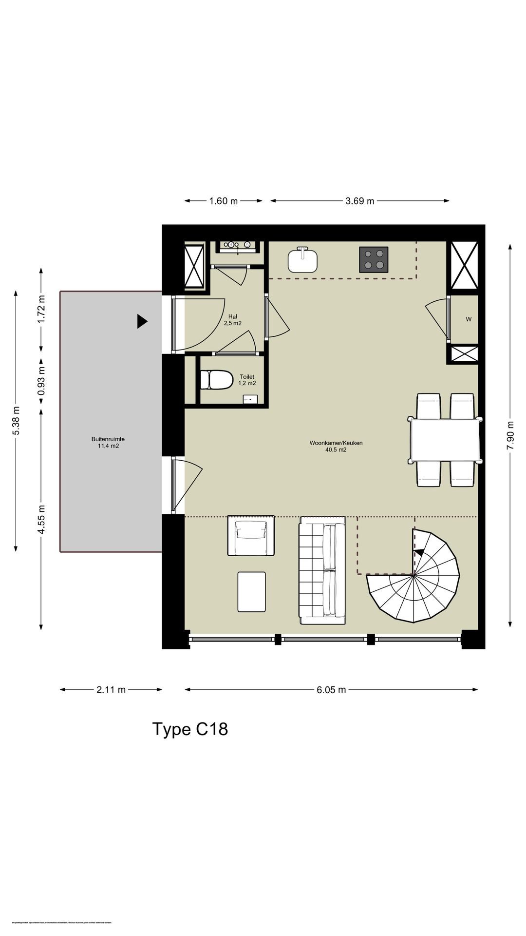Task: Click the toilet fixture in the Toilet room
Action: pos(217,380)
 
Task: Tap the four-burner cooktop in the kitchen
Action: pos(374,259)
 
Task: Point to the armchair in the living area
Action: pos(251,535)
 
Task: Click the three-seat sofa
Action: pos(322,570)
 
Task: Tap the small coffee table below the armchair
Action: pos(252,592)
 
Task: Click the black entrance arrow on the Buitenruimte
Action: pos(142,321)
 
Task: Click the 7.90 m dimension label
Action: pos(510,437)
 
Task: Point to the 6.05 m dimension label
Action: pos(331,689)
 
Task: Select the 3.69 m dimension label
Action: pos(360,201)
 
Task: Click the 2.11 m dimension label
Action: pos(111,689)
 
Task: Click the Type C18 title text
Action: pos(190,729)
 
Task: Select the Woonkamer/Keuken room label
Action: pos(336,446)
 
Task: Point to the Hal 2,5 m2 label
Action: pos(233,320)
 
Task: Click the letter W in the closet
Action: pos(469,320)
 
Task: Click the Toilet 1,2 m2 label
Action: pos(247,380)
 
